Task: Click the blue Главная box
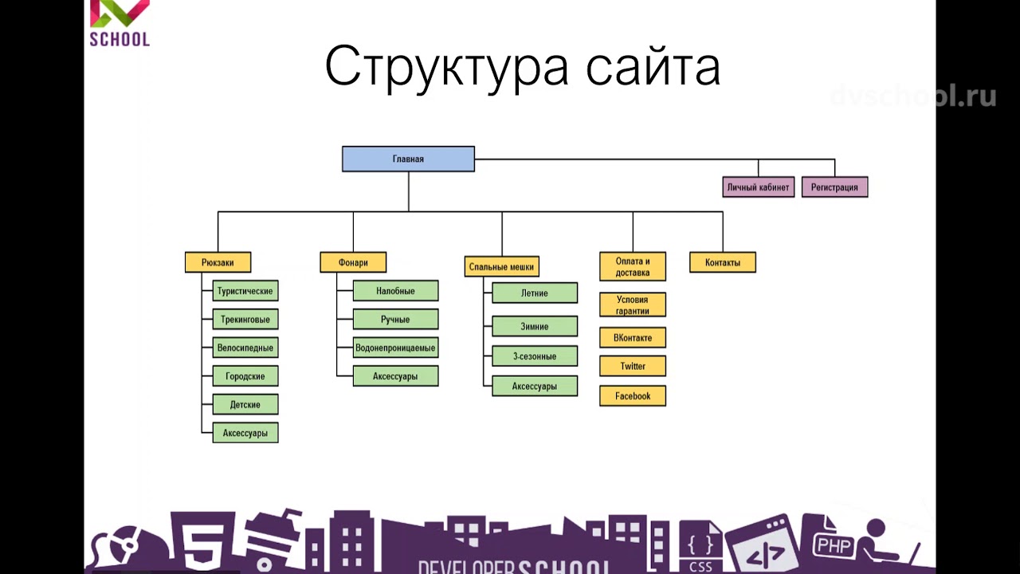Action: click(408, 159)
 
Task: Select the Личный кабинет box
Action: click(758, 187)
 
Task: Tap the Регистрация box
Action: click(834, 187)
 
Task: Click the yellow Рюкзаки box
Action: click(218, 262)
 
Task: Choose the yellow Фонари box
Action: click(353, 262)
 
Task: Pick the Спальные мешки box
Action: click(501, 266)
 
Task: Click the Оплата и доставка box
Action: click(633, 267)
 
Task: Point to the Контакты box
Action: click(723, 262)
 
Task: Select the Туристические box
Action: click(245, 291)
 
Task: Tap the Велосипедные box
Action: click(245, 348)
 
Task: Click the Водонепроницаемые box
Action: click(395, 348)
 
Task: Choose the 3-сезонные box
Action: click(535, 356)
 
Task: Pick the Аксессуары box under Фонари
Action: click(395, 376)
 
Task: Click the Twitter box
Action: click(633, 366)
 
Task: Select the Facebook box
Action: click(633, 395)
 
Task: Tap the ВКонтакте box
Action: click(633, 337)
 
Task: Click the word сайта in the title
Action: click(653, 67)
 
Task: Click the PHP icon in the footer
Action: click(834, 545)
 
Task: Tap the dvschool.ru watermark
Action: click(913, 96)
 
